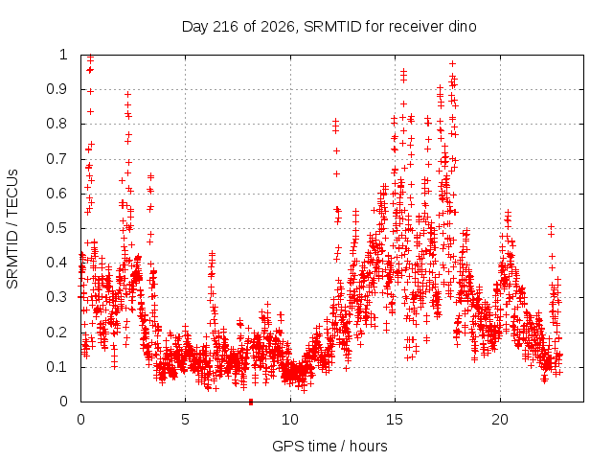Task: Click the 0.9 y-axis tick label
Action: click(57, 89)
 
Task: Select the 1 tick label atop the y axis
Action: click(63, 55)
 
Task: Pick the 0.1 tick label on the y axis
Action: click(57, 367)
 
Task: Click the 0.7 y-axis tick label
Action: click(57, 159)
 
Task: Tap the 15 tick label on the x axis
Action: click(395, 420)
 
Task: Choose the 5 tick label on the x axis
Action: click(185, 420)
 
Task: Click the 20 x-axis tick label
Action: click(500, 420)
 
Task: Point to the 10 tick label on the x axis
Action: click(290, 420)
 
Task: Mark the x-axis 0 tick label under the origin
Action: click(80, 420)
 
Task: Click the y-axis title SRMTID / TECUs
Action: click(12, 229)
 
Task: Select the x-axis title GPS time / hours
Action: click(329, 446)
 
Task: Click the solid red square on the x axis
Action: click(251, 402)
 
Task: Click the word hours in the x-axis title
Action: click(368, 446)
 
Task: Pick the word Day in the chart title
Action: click(195, 28)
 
